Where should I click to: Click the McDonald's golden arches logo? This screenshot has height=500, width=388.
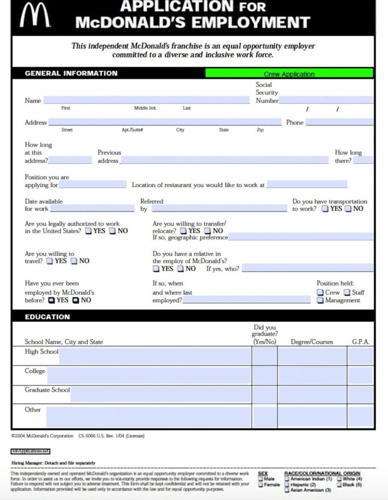click(35, 15)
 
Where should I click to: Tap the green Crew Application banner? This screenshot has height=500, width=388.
click(289, 73)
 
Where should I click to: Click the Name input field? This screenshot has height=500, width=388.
click(147, 100)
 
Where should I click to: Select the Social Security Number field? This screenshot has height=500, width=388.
click(326, 100)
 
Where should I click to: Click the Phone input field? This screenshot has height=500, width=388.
click(339, 122)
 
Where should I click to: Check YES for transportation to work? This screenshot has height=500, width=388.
click(325, 209)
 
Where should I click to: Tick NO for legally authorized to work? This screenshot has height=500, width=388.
click(112, 231)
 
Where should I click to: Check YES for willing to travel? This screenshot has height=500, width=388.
click(50, 261)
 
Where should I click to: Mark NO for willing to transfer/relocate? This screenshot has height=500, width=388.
click(208, 231)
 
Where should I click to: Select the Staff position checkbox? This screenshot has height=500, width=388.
click(347, 292)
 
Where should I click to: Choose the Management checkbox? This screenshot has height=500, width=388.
click(320, 300)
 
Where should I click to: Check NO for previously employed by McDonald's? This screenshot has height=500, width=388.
click(76, 300)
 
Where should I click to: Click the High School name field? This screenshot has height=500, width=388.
click(154, 356)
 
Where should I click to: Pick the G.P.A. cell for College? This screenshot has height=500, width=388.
click(360, 376)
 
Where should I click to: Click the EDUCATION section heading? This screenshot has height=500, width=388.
click(47, 317)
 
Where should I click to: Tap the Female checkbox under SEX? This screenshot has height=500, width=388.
click(261, 485)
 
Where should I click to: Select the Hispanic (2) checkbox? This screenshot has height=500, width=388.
click(287, 485)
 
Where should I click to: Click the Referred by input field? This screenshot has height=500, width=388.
click(219, 208)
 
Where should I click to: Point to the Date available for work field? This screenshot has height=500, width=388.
click(92, 208)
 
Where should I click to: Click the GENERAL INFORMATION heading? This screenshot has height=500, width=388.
click(71, 73)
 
